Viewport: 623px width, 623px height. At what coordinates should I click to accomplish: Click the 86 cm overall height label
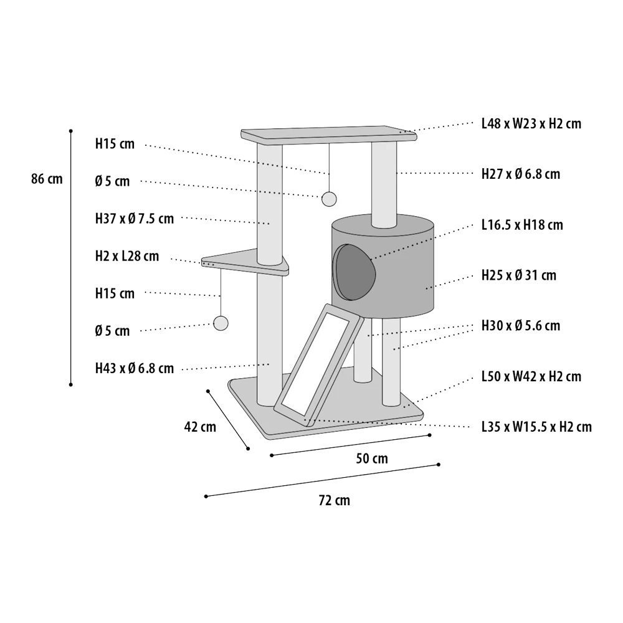coord(47,179)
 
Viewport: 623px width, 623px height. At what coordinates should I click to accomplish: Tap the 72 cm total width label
coord(334,500)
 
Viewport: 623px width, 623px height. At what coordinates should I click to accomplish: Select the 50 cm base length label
coord(372,459)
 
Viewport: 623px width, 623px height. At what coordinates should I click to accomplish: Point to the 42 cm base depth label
coord(200,427)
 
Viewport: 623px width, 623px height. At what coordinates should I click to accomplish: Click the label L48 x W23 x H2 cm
coord(531,124)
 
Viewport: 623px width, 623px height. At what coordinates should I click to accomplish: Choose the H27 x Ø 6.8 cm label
coord(521,174)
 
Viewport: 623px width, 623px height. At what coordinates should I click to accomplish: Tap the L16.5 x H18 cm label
coord(522,225)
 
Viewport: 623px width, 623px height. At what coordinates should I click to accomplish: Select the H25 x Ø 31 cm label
coord(519,275)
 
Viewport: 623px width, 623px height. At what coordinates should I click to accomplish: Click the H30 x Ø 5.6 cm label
coord(521,326)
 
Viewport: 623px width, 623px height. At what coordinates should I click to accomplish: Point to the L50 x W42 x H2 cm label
coord(531,376)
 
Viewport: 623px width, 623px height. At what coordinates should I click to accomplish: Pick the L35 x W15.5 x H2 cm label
coord(536,427)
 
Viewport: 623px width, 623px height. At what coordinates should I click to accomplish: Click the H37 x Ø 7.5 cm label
coord(135,219)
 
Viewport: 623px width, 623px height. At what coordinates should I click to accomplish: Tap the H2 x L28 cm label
coord(127,256)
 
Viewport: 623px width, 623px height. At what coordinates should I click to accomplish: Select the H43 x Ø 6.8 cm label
coord(135,368)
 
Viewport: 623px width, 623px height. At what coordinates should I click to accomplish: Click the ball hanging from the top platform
coord(329,199)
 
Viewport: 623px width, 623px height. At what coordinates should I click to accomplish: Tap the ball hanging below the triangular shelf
coord(221,323)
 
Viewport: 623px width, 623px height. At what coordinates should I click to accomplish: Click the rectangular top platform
coord(329,135)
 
